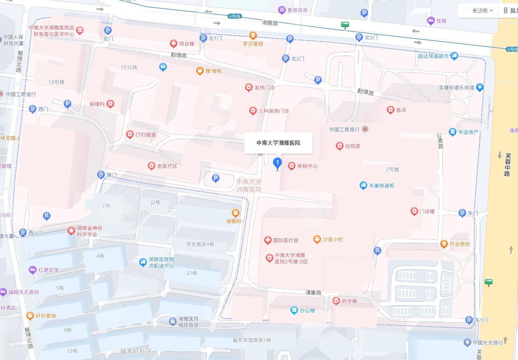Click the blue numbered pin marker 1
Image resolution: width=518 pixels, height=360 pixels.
point(277,163)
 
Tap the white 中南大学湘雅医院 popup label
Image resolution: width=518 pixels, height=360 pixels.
point(278,143)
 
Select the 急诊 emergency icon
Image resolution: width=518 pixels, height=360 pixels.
point(390,110)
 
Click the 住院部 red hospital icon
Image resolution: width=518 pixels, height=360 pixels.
point(339,146)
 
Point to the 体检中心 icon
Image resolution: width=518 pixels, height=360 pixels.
point(292,166)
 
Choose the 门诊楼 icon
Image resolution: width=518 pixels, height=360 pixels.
point(414,211)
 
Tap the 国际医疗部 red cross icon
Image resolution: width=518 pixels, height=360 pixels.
point(267,240)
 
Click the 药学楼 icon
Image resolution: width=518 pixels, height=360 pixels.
point(336,301)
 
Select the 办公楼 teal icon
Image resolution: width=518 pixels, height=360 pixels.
point(294,310)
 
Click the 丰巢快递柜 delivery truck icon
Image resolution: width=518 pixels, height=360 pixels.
point(363,186)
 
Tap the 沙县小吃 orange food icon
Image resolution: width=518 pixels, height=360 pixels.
point(317,239)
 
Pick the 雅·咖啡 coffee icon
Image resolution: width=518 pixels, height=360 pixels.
point(200,71)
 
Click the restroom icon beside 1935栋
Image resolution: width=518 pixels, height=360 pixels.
point(163,67)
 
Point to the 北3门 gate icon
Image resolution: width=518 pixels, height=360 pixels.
point(359,37)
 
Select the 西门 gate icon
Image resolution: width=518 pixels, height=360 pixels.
point(33,109)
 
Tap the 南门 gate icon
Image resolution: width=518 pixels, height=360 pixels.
point(101,174)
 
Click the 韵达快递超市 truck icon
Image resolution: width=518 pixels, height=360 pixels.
point(454,56)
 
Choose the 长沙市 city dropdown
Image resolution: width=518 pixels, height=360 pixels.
point(478,11)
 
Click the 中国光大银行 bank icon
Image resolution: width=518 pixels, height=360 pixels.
point(467,342)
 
